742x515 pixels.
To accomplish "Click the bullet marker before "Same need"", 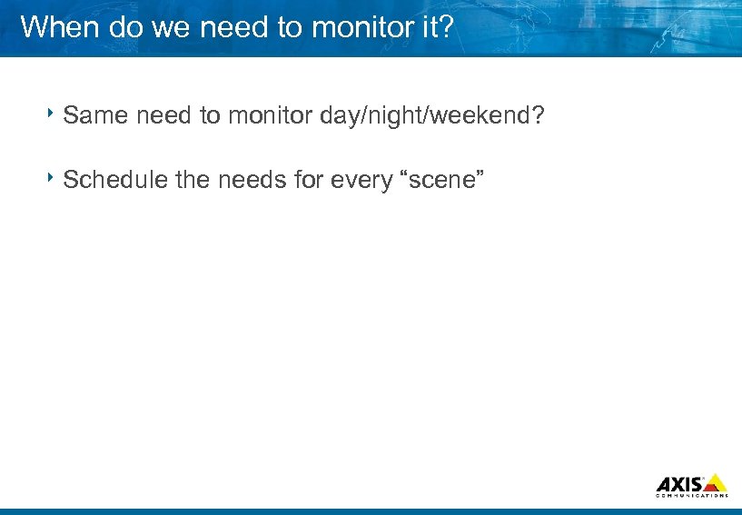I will tap(54, 114).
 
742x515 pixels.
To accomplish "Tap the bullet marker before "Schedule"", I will tap(54, 177).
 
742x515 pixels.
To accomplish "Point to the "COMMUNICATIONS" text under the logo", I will tap(691, 496).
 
